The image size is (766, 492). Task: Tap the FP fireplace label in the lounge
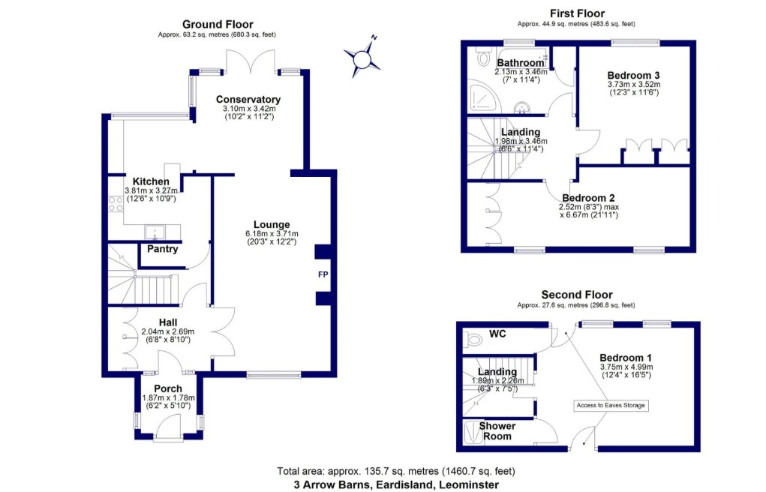click(x=323, y=275)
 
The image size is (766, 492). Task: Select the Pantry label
click(x=162, y=249)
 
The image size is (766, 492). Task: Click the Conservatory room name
click(x=248, y=100)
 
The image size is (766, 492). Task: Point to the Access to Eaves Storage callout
click(x=611, y=406)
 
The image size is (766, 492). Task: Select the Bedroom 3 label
click(x=633, y=75)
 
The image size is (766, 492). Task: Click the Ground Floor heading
click(x=218, y=25)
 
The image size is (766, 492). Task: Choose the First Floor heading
click(x=577, y=13)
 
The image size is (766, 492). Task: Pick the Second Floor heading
click(x=576, y=295)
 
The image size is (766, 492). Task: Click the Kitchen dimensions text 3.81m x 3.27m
click(x=151, y=190)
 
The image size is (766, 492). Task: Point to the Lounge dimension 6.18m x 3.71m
click(x=271, y=233)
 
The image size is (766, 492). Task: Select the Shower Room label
click(x=497, y=431)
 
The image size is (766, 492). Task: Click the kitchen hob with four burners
click(x=116, y=203)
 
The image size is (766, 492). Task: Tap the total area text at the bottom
click(x=395, y=472)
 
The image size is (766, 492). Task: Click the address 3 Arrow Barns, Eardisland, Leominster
click(x=395, y=484)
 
